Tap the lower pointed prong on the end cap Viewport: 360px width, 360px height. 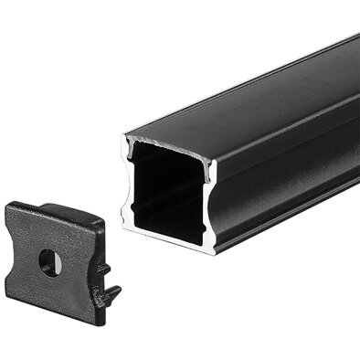[112, 294]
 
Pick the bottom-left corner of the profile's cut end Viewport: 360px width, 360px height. [124, 223]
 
